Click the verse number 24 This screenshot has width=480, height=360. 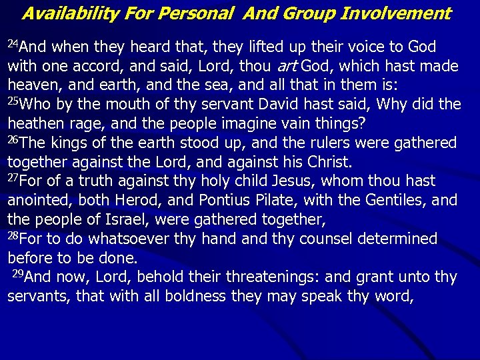[x=13, y=44]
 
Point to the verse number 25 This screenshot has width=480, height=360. [x=13, y=101]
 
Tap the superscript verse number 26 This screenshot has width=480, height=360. [x=13, y=140]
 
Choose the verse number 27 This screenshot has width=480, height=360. [x=13, y=178]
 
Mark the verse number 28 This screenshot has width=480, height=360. [x=13, y=236]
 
